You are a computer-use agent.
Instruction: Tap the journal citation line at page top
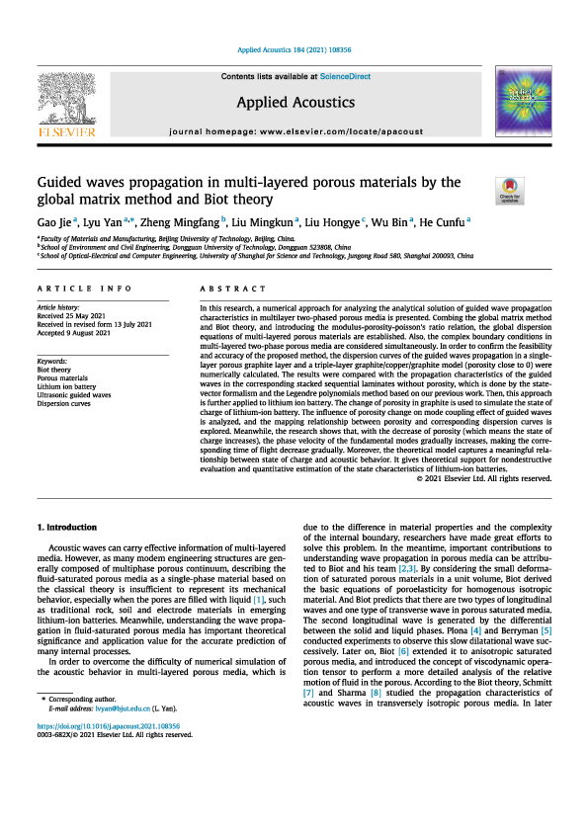tap(294, 48)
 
